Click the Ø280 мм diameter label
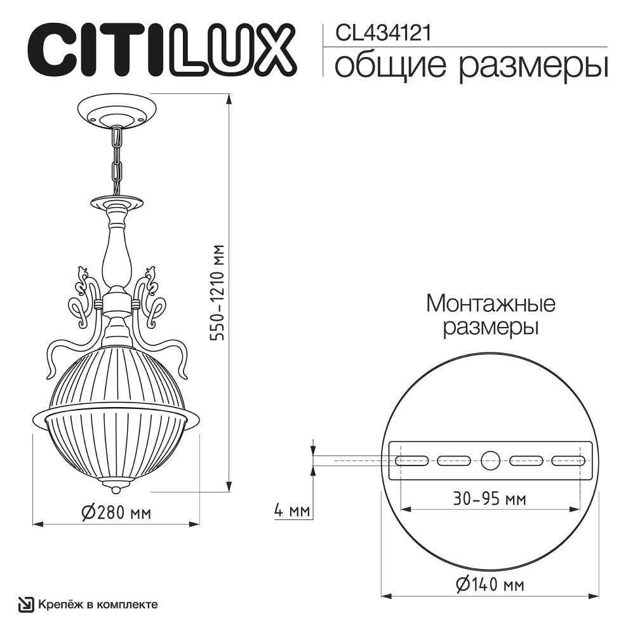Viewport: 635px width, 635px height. [117, 513]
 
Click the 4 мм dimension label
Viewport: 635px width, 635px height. [291, 510]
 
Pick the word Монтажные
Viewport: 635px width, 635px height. [490, 304]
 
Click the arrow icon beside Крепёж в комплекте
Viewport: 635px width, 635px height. [25, 605]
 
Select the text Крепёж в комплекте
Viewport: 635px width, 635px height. [98, 605]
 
